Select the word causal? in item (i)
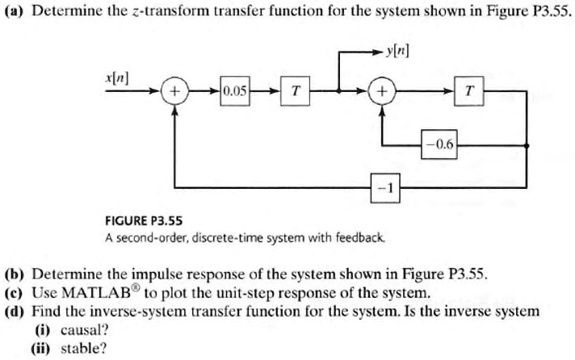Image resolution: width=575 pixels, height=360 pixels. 84,330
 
